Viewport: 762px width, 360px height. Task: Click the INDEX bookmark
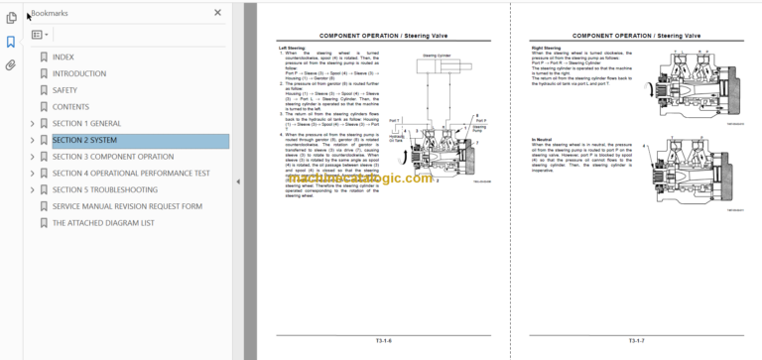(63, 58)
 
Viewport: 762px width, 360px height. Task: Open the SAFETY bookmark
(65, 90)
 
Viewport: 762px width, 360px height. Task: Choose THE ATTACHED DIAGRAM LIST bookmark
(103, 223)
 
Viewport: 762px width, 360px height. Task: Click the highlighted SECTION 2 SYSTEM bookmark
(84, 140)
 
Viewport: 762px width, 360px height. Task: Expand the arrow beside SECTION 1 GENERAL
(33, 124)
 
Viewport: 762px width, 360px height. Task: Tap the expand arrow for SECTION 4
(33, 174)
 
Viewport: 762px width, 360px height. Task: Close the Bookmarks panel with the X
(217, 13)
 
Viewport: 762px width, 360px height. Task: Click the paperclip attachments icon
(11, 65)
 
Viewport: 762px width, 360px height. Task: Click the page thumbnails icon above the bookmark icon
(11, 17)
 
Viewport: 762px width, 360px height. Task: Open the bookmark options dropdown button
(40, 35)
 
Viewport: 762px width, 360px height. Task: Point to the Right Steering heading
(547, 47)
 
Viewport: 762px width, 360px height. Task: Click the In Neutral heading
(542, 140)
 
